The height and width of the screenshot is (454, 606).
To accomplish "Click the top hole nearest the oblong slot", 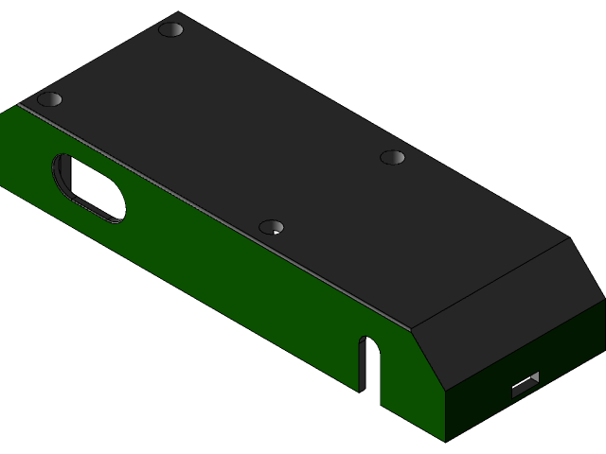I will pyautogui.click(x=49, y=99).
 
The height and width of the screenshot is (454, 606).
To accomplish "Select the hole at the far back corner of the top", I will pyautogui.click(x=170, y=29).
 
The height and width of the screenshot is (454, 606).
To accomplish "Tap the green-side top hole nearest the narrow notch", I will pyautogui.click(x=272, y=227).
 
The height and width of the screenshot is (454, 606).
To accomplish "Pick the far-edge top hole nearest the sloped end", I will pyautogui.click(x=392, y=157).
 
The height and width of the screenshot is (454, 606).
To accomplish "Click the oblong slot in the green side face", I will pyautogui.click(x=90, y=189).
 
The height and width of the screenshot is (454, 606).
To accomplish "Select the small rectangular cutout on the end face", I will pyautogui.click(x=524, y=386).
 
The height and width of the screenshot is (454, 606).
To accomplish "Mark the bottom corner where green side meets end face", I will pyautogui.click(x=445, y=441).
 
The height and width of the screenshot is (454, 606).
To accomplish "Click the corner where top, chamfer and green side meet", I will pyautogui.click(x=414, y=331).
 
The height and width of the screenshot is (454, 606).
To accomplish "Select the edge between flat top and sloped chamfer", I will pyautogui.click(x=492, y=284).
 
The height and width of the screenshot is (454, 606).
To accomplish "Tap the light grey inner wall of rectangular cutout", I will pyautogui.click(x=534, y=378).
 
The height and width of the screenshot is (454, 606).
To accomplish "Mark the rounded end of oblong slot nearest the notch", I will pyautogui.click(x=117, y=211).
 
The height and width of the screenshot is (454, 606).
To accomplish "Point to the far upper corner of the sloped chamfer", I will pyautogui.click(x=569, y=238).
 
